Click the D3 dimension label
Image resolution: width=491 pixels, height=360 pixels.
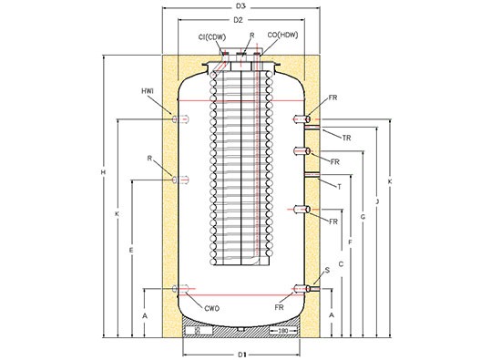click(x=240, y=6)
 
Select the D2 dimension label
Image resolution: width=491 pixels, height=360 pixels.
click(x=239, y=20)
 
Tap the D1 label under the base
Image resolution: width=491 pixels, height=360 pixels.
click(x=242, y=355)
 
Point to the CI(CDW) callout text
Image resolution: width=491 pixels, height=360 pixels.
click(x=212, y=37)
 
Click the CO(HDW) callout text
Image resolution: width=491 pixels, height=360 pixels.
click(x=282, y=35)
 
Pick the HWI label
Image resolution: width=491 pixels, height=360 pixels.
click(x=148, y=91)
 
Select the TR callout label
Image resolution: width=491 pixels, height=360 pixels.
click(x=346, y=138)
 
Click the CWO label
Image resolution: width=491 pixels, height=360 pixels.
click(x=211, y=309)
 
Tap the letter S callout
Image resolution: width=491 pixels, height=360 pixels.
click(x=327, y=270)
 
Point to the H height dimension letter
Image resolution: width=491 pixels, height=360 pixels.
click(x=103, y=172)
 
